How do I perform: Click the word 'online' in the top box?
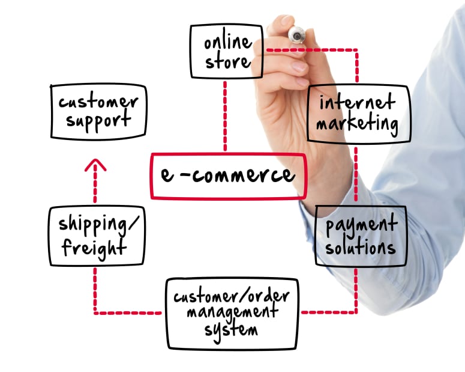point(228,42)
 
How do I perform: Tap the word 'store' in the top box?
point(228,61)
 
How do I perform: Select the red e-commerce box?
point(229,176)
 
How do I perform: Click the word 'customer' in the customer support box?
point(98,102)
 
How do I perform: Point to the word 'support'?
point(98,120)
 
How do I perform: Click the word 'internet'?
point(358,102)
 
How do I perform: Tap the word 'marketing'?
point(357,123)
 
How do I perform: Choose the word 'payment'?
point(361,227)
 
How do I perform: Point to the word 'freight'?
point(94,248)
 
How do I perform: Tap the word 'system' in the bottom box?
point(231,331)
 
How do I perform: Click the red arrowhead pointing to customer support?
point(95,165)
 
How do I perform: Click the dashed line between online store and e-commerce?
point(225,116)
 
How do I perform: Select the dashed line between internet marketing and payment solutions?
point(356,174)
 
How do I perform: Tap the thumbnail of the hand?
point(299,67)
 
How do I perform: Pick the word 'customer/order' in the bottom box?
point(232,296)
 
